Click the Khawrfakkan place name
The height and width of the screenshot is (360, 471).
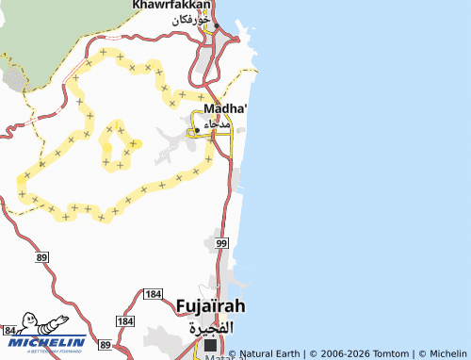pyautogui.click(x=171, y=6)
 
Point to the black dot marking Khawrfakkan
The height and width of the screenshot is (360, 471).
pyautogui.click(x=216, y=25)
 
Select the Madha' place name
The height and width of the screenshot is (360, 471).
pyautogui.click(x=225, y=108)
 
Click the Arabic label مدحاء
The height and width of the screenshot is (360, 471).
pyautogui.click(x=216, y=124)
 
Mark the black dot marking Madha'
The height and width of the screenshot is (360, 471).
pyautogui.click(x=197, y=130)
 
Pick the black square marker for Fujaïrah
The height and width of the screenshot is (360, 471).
pyautogui.click(x=210, y=346)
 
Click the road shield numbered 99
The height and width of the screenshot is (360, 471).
pyautogui.click(x=221, y=244)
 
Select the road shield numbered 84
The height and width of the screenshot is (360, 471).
pyautogui.click(x=9, y=331)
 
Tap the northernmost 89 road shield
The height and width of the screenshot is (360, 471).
pyautogui.click(x=41, y=257)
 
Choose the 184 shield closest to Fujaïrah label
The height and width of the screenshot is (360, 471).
pyautogui.click(x=154, y=295)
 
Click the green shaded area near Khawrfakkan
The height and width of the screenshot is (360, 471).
pyautogui.click(x=57, y=38)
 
